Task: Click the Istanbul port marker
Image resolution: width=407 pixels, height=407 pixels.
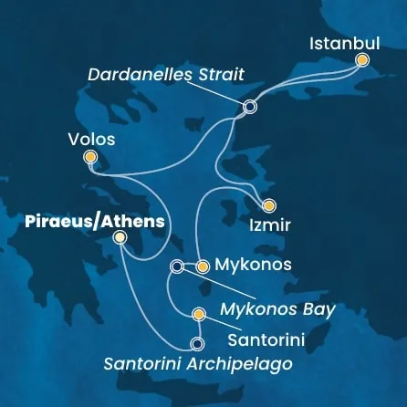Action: point(362,60)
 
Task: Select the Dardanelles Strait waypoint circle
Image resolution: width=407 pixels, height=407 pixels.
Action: point(250,107)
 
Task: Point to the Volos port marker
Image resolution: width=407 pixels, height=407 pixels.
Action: point(89,158)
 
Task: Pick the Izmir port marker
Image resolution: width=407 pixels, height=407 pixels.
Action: point(267,205)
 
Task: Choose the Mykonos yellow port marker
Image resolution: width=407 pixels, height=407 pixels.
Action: point(203,266)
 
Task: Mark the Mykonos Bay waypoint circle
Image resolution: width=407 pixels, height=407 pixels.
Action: point(177,266)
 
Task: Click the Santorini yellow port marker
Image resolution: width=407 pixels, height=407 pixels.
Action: point(199,316)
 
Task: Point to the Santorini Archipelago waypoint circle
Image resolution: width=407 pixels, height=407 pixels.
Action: point(196,344)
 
